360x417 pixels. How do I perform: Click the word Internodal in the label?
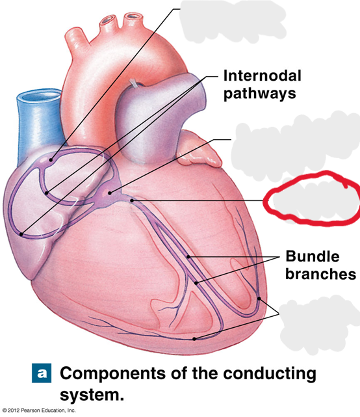[263, 75]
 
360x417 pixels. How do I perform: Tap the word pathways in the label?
[259, 94]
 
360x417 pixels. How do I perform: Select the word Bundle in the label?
[313, 256]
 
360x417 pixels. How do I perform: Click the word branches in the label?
[320, 274]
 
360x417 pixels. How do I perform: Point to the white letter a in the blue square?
[42, 373]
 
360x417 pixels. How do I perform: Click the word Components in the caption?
[113, 373]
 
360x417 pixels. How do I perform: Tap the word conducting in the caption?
[270, 374]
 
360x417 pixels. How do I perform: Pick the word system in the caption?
[92, 395]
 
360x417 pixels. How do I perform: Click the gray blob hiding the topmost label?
[232, 21]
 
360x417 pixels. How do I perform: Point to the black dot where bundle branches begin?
[132, 200]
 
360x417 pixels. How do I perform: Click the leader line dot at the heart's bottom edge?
[194, 339]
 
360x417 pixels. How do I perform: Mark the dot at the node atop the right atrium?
[51, 160]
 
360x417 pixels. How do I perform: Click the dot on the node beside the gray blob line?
[110, 193]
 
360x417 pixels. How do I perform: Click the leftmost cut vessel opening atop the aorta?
[109, 20]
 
